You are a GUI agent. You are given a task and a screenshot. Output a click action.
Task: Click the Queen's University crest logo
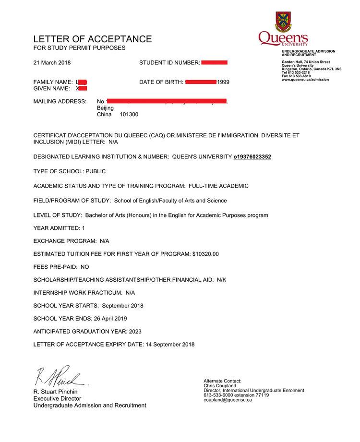pyautogui.click(x=283, y=22)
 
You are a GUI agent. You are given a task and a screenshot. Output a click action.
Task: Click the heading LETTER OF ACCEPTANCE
pyautogui.click(x=92, y=39)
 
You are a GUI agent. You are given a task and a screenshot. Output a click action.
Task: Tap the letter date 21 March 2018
pyautogui.click(x=52, y=63)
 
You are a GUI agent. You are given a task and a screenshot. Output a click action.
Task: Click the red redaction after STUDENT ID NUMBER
pyautogui.click(x=214, y=63)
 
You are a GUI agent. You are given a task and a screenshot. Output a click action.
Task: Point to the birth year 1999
pyautogui.click(x=223, y=82)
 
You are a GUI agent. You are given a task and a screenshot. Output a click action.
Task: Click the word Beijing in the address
pyautogui.click(x=105, y=108)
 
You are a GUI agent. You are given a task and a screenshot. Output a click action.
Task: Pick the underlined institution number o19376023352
pyautogui.click(x=252, y=156)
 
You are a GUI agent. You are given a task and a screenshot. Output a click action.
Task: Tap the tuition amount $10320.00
pyautogui.click(x=205, y=254)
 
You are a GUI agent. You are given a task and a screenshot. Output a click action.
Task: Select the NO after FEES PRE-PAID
pyautogui.click(x=84, y=267)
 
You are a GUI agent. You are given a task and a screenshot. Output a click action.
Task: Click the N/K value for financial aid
pyautogui.click(x=222, y=279)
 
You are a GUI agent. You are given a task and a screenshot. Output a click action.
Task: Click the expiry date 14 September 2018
pyautogui.click(x=170, y=344)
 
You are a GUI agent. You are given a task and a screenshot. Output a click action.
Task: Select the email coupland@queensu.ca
pyautogui.click(x=228, y=400)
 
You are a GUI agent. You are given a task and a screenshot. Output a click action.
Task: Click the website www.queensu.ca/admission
pyautogui.click(x=305, y=80)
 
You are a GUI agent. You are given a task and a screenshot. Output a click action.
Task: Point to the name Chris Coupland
pyautogui.click(x=220, y=385)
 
